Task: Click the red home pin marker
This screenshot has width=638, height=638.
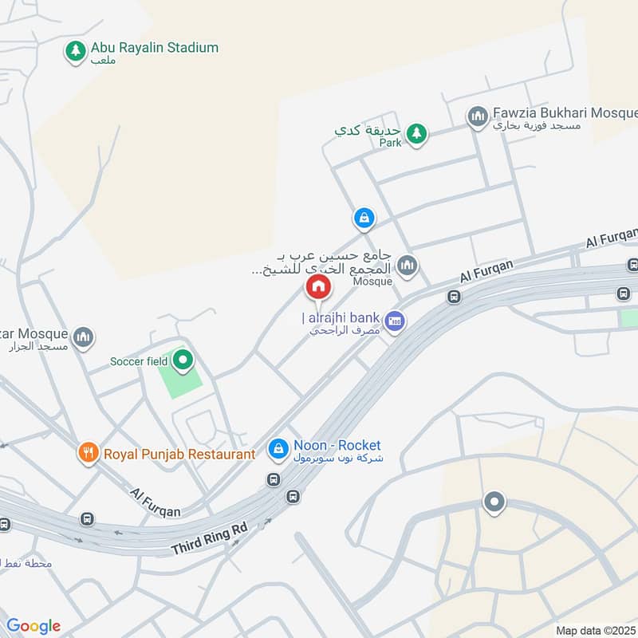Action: pos(318,286)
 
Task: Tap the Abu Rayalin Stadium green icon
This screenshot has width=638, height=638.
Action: pos(76,52)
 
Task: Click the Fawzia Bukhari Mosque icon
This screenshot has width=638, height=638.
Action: pos(478,117)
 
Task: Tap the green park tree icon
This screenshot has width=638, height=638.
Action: pos(415,133)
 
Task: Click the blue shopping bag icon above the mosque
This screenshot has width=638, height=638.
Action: pos(364,217)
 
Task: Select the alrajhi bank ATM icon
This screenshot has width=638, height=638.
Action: pos(394,321)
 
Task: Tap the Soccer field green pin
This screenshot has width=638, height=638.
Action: pos(183,360)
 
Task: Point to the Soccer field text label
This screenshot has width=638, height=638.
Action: pos(139,361)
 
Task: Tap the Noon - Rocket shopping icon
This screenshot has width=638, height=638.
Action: pos(278,449)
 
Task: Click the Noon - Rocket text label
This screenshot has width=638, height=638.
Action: pos(337,445)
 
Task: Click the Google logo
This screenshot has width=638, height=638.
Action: pos(33,626)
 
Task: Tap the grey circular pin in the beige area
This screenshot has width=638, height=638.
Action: pos(494,502)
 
